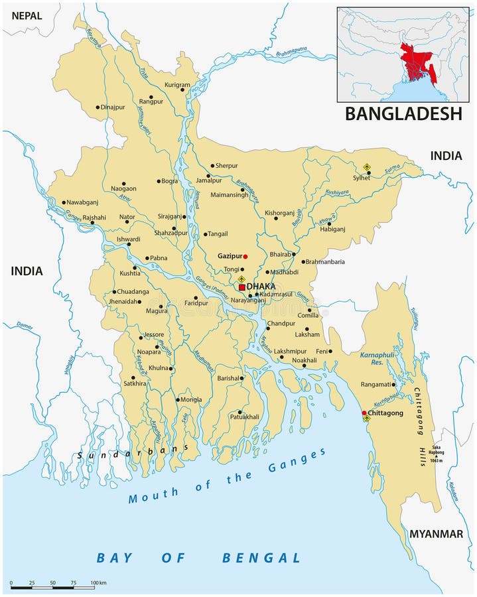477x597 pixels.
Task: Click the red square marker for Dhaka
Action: pos(242,287)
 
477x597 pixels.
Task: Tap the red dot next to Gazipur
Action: pos(245,256)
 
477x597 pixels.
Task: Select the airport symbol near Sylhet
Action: pos(368,167)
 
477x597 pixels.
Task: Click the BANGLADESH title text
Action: pos(403,113)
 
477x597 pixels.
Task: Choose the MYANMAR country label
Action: pos(435,533)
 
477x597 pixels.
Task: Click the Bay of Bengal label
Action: pos(198,557)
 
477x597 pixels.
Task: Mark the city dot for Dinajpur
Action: pos(98,107)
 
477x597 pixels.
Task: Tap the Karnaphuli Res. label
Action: pos(377,359)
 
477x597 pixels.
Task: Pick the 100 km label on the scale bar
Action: pos(98,582)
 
